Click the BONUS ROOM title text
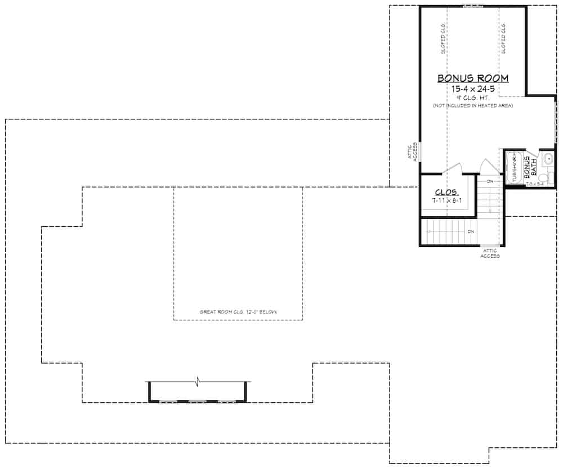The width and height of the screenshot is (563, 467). click(x=473, y=78)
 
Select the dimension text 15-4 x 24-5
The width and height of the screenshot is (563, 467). click(x=473, y=89)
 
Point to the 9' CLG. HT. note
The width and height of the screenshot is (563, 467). click(x=473, y=98)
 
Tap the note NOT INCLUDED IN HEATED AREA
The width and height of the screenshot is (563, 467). click(x=473, y=106)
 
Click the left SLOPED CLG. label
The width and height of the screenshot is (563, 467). click(x=443, y=39)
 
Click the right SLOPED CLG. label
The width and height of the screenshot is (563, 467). click(x=503, y=39)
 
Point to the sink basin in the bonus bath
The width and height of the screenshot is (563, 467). click(x=548, y=159)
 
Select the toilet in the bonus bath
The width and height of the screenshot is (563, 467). click(x=544, y=178)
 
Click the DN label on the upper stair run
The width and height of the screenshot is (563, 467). click(x=490, y=181)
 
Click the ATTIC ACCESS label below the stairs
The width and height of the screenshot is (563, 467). click(x=490, y=253)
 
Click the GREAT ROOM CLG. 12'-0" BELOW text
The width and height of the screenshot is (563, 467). click(x=238, y=312)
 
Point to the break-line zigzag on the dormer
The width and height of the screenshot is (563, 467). click(x=198, y=383)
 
